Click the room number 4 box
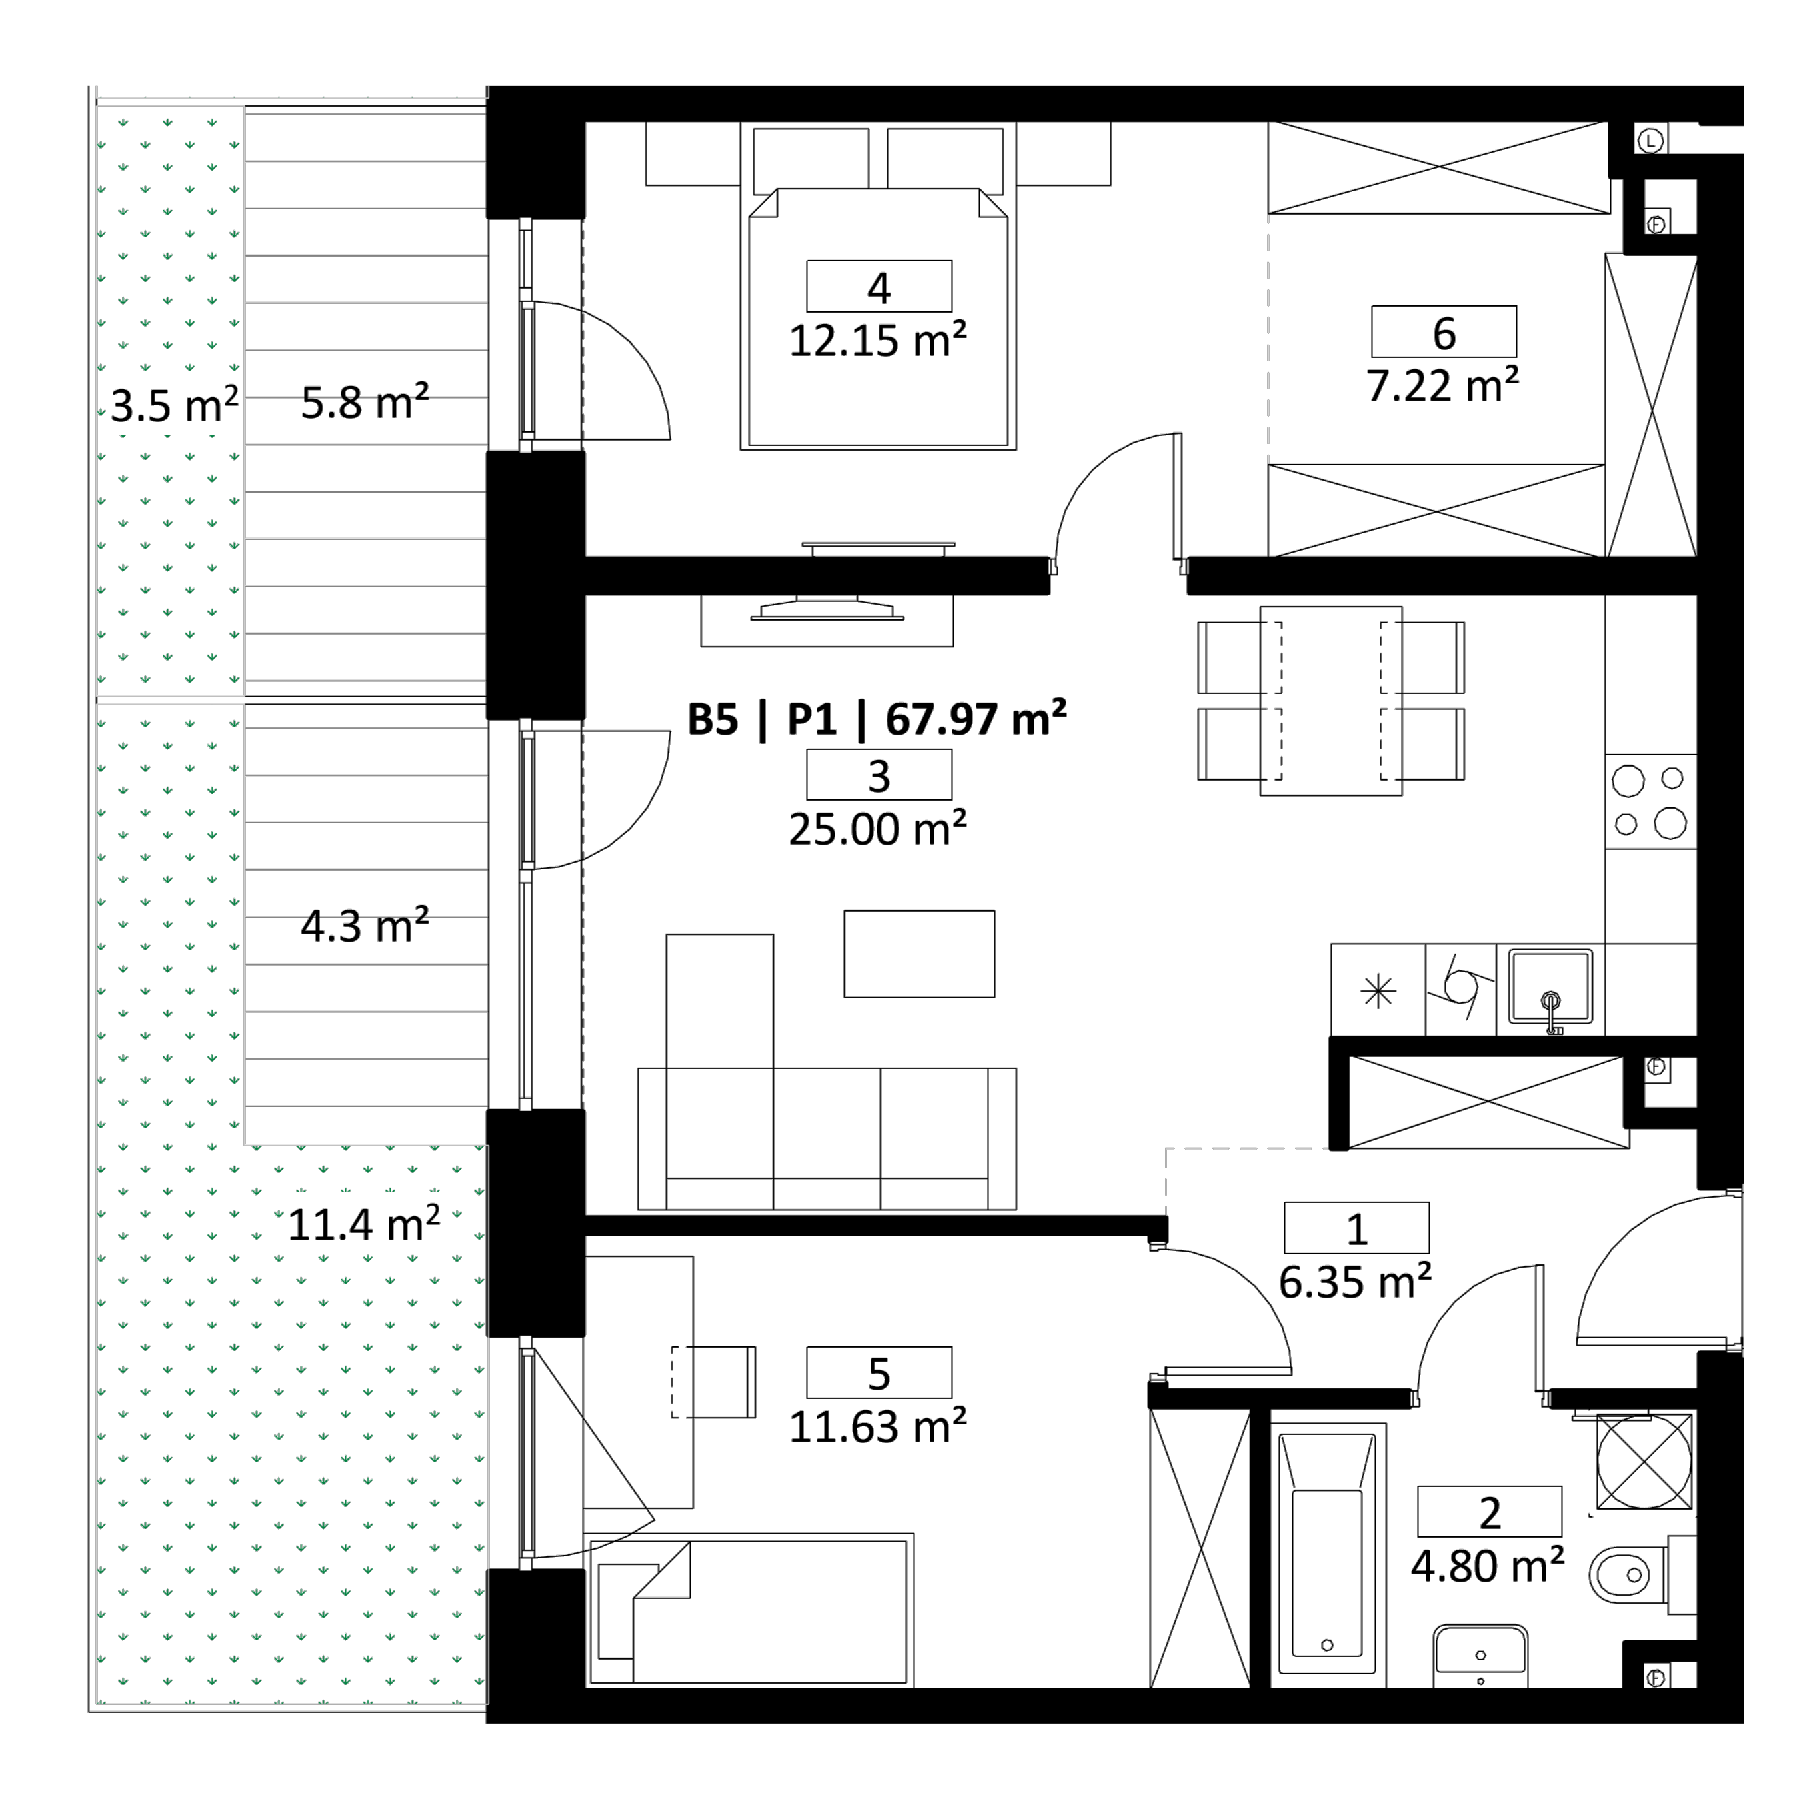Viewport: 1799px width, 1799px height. (x=879, y=286)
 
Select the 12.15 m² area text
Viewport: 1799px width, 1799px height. (x=878, y=341)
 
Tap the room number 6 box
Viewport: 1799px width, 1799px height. (x=1444, y=331)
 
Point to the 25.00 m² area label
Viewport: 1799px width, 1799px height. (x=878, y=829)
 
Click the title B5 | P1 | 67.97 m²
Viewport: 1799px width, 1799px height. (x=877, y=719)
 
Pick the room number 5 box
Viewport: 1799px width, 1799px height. (x=879, y=1372)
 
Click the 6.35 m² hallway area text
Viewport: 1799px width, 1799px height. (x=1355, y=1282)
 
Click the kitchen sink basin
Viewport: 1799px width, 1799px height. (x=1550, y=987)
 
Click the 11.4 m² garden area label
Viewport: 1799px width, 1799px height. (x=363, y=1224)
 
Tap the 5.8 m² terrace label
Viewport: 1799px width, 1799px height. (x=365, y=402)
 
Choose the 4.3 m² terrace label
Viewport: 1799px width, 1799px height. (x=365, y=926)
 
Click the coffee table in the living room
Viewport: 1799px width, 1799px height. (x=919, y=954)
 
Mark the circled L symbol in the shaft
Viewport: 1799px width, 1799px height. (x=1651, y=141)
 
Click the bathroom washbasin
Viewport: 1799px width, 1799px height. (x=1480, y=1656)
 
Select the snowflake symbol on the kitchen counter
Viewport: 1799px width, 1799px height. (x=1378, y=991)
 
